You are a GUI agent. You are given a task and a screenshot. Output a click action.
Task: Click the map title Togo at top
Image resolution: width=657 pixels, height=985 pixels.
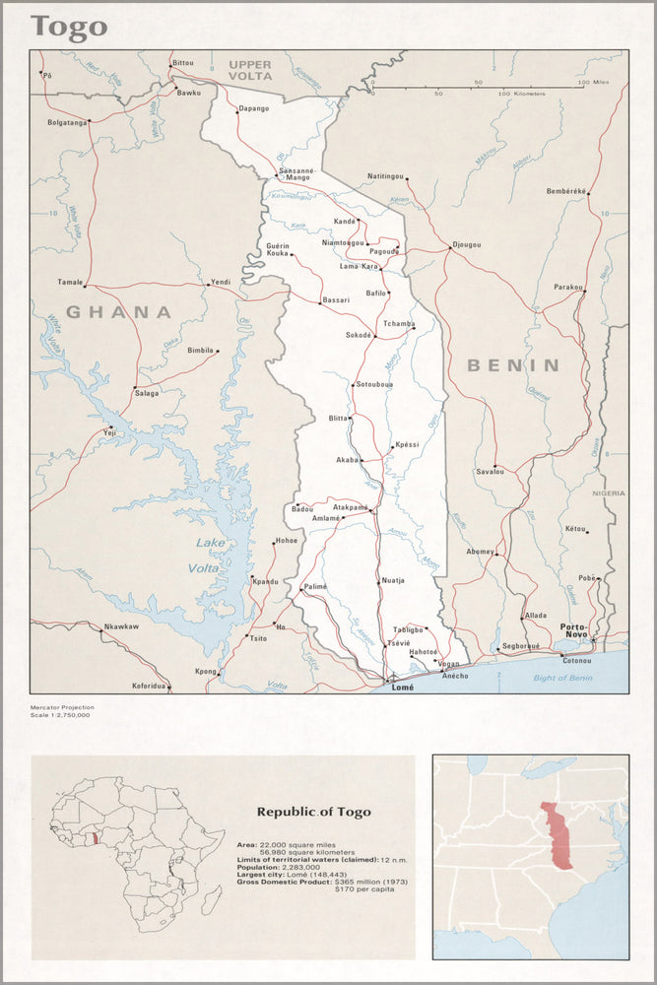[x=68, y=27]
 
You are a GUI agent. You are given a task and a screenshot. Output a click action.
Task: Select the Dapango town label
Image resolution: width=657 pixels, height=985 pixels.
[x=253, y=108]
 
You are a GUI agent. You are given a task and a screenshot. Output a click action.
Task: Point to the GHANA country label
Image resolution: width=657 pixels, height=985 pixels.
[x=118, y=312]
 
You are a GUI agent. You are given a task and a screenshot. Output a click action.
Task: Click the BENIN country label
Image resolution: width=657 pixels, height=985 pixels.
[x=512, y=365]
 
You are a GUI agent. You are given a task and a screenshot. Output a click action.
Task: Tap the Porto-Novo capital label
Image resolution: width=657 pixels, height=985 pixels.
[x=574, y=630]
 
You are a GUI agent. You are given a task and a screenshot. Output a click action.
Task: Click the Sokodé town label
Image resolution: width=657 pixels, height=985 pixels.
[x=358, y=335]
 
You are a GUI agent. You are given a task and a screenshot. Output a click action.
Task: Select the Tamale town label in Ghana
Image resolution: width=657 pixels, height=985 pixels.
[x=70, y=282]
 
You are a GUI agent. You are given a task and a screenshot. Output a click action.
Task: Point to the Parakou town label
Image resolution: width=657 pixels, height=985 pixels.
[x=568, y=287]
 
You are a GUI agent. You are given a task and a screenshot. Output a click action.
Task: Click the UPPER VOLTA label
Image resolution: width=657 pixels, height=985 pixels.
[x=250, y=70]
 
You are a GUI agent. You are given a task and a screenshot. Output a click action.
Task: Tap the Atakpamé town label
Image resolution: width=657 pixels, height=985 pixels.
[x=350, y=506]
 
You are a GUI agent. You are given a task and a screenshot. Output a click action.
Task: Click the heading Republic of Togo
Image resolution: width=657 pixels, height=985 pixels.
[x=314, y=813]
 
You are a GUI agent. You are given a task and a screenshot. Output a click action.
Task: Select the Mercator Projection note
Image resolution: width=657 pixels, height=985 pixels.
[x=62, y=706]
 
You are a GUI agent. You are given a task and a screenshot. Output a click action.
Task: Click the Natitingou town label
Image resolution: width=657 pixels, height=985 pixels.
[x=385, y=176]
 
